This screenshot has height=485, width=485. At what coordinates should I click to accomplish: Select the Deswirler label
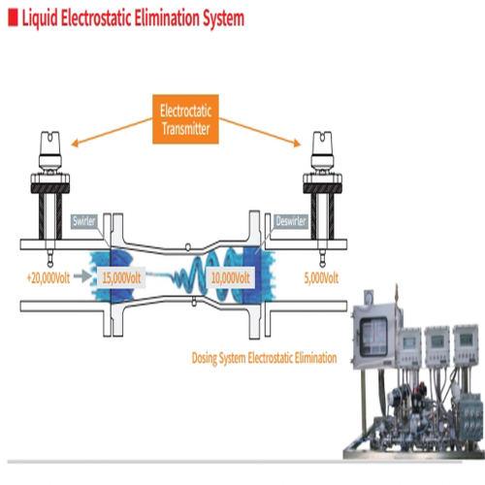pyautogui.click(x=291, y=221)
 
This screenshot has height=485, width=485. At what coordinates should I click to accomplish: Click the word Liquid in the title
pyautogui.click(x=40, y=18)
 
